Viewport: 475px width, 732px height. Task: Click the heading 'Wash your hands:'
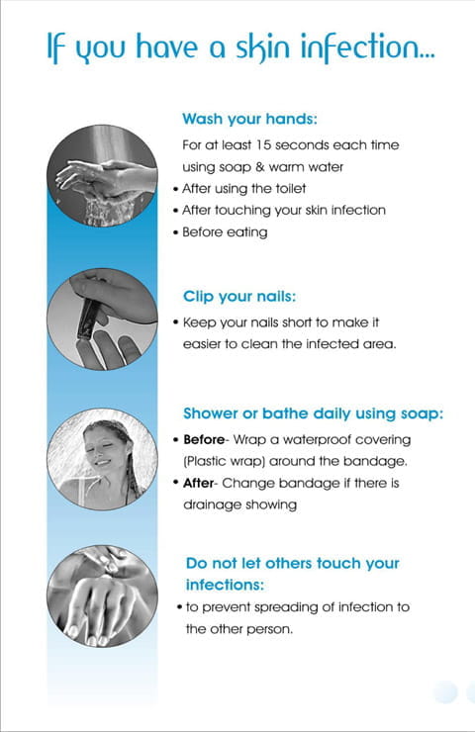click(249, 119)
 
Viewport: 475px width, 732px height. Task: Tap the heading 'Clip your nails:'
click(239, 297)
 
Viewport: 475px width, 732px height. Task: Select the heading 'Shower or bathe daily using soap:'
click(313, 413)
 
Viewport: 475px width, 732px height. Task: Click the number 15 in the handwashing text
click(263, 144)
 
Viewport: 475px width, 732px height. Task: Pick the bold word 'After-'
click(200, 483)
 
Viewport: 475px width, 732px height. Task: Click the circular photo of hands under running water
click(102, 175)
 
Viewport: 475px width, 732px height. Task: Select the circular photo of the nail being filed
click(102, 320)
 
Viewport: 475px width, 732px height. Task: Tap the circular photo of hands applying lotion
click(102, 596)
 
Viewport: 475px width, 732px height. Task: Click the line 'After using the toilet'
click(243, 189)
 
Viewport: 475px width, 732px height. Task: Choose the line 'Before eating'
click(225, 232)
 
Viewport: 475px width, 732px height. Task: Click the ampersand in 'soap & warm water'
click(259, 167)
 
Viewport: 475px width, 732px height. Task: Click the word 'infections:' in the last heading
click(225, 585)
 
